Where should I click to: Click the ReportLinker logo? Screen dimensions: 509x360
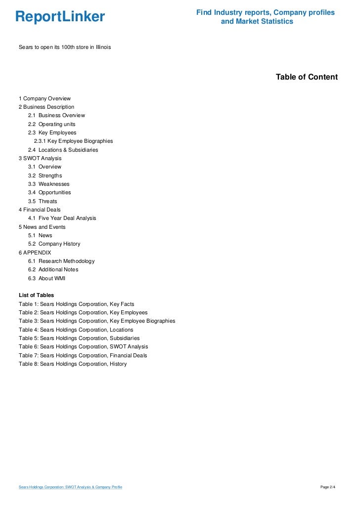[60, 17]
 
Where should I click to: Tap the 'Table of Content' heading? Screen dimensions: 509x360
[307, 77]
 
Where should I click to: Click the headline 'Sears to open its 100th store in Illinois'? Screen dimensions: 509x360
[65, 47]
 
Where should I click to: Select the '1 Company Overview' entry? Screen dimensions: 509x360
[45, 98]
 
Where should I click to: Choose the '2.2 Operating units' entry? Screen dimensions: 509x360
[51, 124]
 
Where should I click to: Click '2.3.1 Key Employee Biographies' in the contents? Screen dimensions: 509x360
[73, 141]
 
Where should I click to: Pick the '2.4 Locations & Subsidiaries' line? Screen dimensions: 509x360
[63, 150]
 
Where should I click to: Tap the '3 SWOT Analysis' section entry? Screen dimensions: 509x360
[40, 158]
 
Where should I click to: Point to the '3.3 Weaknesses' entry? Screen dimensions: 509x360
[48, 184]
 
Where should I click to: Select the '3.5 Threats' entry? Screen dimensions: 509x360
[43, 201]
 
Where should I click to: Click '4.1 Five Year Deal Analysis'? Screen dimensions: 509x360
[62, 218]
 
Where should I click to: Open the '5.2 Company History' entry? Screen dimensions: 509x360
[54, 244]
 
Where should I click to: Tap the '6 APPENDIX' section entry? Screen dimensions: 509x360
[35, 253]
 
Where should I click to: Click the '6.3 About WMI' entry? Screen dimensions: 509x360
[46, 278]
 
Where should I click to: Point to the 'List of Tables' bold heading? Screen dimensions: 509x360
[36, 295]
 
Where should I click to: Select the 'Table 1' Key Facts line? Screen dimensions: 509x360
[76, 304]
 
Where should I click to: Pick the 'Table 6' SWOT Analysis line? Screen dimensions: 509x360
[83, 346]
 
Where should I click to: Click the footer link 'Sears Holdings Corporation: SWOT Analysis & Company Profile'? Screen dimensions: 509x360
[70, 487]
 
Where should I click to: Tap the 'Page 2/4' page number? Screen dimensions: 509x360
[328, 487]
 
